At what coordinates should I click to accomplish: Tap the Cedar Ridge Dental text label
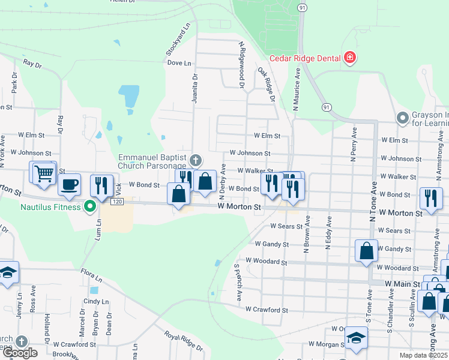pyautogui.click(x=305, y=58)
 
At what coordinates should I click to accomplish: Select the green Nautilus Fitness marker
pyautogui.click(x=91, y=207)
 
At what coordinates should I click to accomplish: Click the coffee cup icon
pyautogui.click(x=69, y=185)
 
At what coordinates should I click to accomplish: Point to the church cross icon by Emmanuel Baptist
pyautogui.click(x=195, y=160)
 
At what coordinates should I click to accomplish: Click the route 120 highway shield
pyautogui.click(x=117, y=202)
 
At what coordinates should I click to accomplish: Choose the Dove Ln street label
pyautogui.click(x=179, y=62)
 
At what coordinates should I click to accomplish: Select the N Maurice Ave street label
pyautogui.click(x=297, y=91)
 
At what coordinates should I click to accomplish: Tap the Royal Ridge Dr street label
pyautogui.click(x=184, y=342)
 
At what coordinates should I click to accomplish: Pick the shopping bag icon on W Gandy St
pyautogui.click(x=366, y=251)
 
